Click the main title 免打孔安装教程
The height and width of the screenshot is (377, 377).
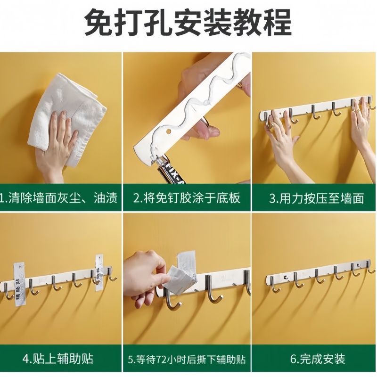pyautogui.click(x=188, y=21)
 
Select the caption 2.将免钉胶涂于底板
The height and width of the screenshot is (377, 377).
pyautogui.click(x=187, y=198)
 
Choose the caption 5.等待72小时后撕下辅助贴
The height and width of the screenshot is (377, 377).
pyautogui.click(x=187, y=359)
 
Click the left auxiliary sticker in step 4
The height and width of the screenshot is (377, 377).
pyautogui.click(x=19, y=283)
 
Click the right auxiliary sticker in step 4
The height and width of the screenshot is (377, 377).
pyautogui.click(x=99, y=273)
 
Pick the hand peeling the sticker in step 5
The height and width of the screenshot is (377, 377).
pyautogui.click(x=144, y=278)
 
